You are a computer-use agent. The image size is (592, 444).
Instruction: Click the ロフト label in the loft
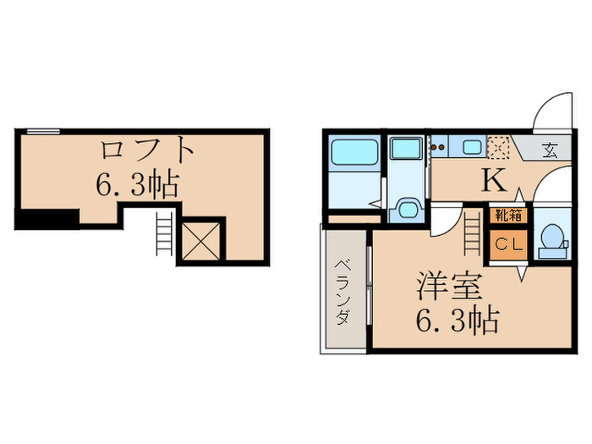(x=149, y=152)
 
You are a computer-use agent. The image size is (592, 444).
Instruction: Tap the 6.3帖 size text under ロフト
(x=138, y=185)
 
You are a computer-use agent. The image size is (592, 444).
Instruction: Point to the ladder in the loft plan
(x=162, y=233)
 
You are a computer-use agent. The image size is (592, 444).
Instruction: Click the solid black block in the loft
(x=47, y=219)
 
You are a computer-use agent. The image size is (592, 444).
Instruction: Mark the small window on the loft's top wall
(x=42, y=131)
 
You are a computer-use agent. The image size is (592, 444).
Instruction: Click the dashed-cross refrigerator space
(x=500, y=149)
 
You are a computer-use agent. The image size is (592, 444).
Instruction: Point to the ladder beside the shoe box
(x=471, y=230)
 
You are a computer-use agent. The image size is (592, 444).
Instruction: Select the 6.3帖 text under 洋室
(x=457, y=321)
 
